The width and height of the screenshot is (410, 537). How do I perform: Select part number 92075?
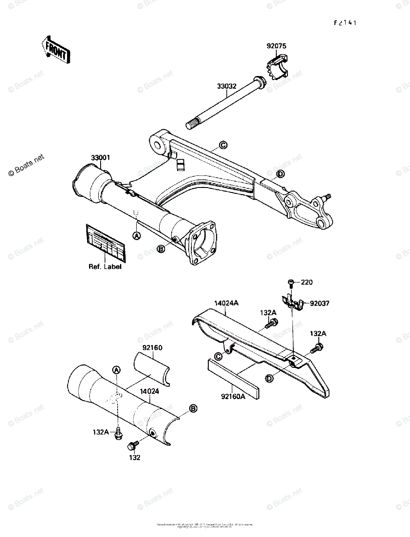tap(277, 46)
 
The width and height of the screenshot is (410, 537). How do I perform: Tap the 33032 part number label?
tap(227, 86)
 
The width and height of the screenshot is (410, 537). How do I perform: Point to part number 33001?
tap(101, 158)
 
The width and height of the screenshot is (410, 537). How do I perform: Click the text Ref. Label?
tap(105, 267)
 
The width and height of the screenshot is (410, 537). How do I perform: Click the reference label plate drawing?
tap(105, 243)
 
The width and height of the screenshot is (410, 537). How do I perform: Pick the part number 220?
tap(307, 282)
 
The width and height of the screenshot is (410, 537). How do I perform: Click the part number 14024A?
tap(226, 303)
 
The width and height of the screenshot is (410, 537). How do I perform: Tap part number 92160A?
tap(232, 395)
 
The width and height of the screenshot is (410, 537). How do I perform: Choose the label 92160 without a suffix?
tap(152, 347)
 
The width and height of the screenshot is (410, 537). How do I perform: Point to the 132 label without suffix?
tap(135, 457)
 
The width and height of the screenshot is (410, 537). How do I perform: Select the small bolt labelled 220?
tap(290, 283)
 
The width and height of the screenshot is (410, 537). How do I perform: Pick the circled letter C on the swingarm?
tap(223, 145)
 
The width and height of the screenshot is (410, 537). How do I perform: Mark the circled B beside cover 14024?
tap(193, 408)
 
